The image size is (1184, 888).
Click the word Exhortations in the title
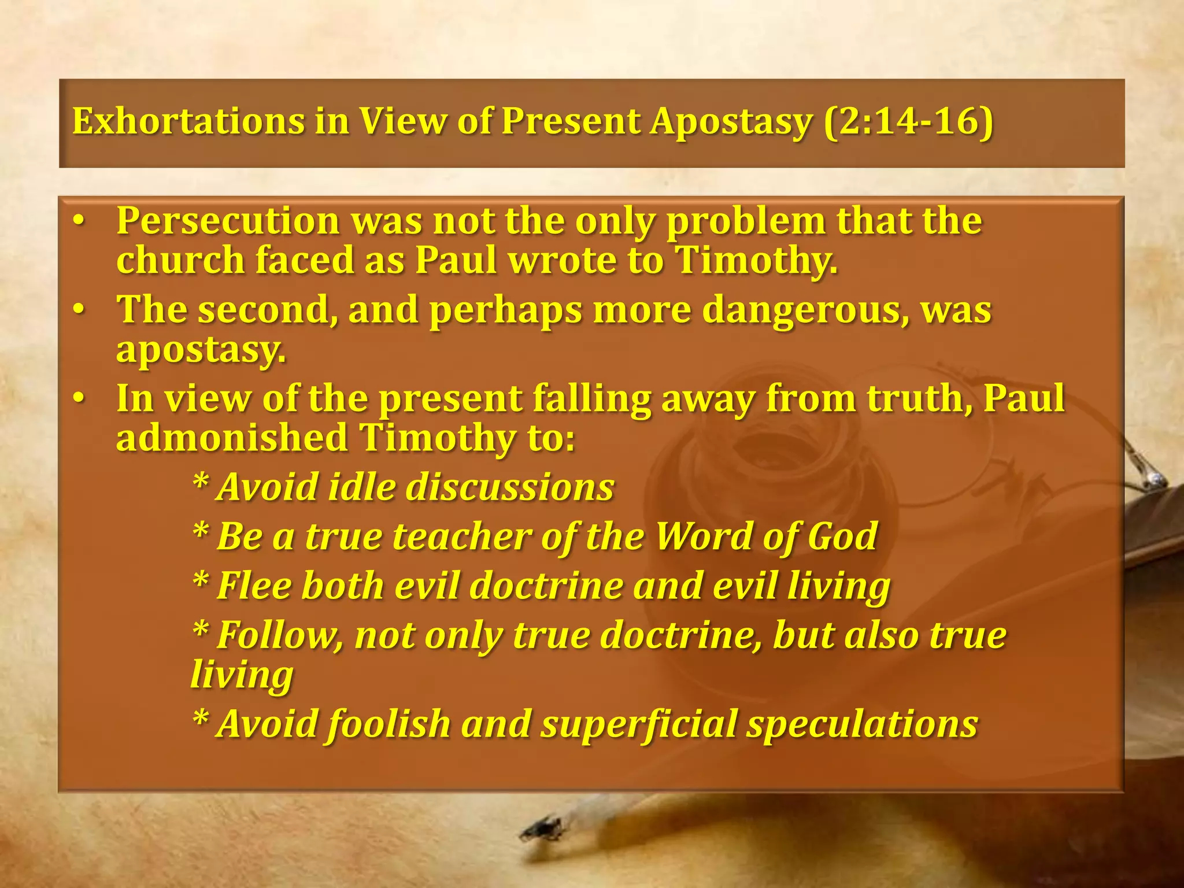188,121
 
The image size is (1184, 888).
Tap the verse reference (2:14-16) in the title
908,121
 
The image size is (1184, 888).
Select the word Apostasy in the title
731,123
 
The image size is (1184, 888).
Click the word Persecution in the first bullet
228,221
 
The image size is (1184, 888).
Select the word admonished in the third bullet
232,438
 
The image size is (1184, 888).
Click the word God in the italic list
842,536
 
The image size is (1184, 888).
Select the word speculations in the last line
861,725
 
